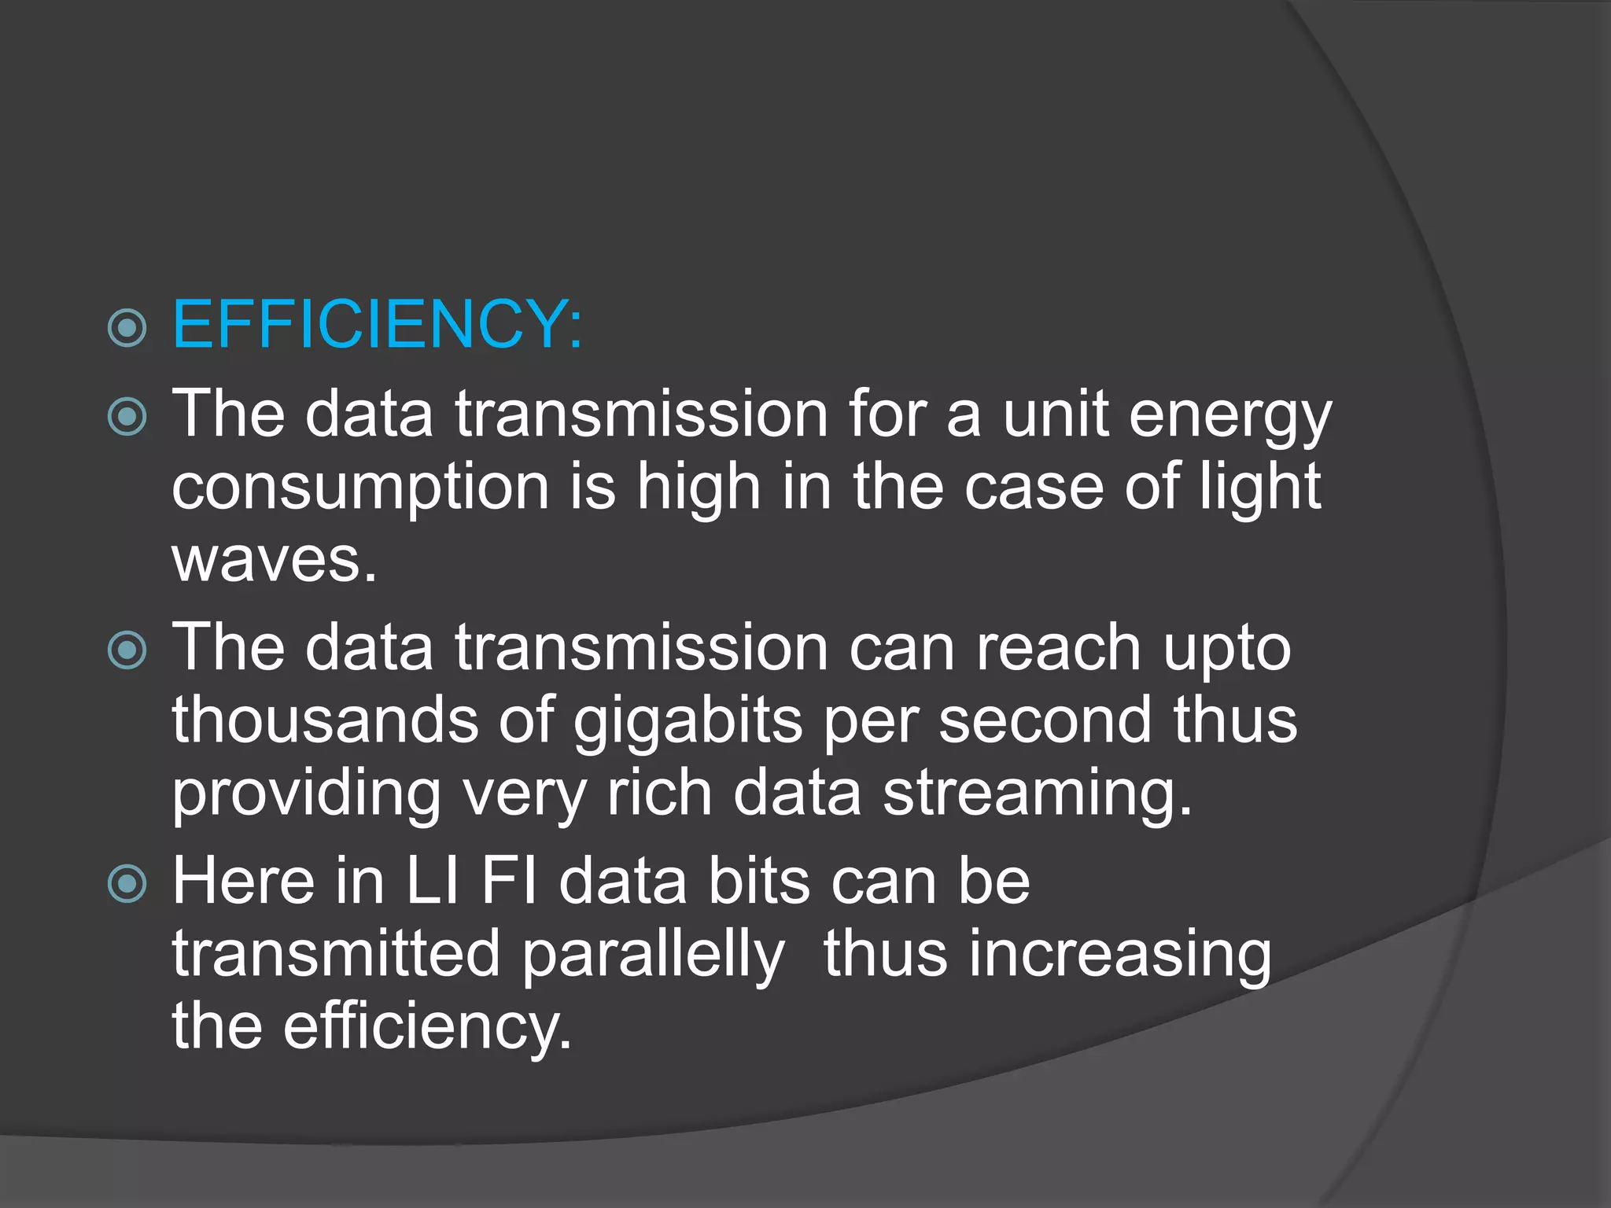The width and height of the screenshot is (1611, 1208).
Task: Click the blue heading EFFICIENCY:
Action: click(378, 325)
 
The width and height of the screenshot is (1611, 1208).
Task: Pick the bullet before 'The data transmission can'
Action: click(127, 650)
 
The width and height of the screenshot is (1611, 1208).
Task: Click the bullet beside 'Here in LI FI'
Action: click(127, 882)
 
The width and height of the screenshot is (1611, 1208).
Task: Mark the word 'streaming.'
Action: click(1038, 794)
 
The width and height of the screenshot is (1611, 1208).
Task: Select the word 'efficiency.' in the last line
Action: click(427, 1027)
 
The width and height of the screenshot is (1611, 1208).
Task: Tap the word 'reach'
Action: click(1059, 648)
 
